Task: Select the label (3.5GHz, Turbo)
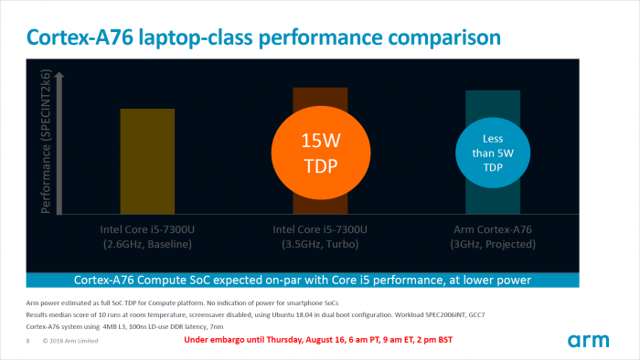tap(320, 244)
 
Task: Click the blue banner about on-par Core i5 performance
tap(320, 280)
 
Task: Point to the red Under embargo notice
tap(318, 340)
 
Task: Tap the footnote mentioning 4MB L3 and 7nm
tap(137, 325)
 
